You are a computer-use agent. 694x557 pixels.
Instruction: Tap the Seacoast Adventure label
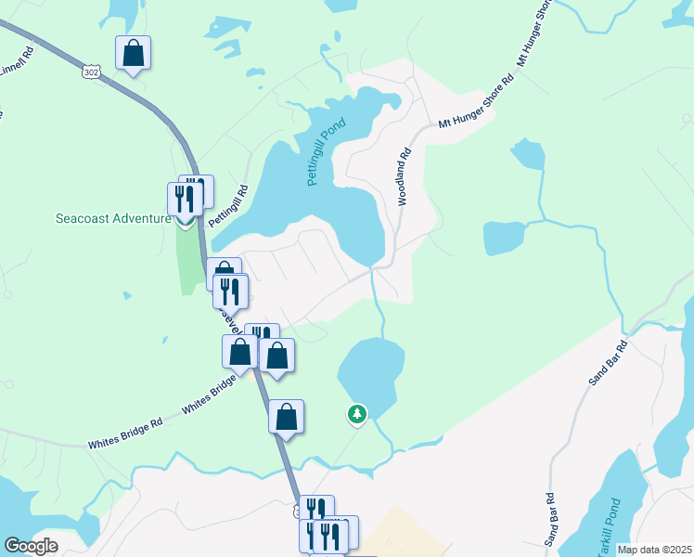(x=113, y=219)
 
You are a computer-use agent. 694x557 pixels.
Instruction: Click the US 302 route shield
(x=90, y=71)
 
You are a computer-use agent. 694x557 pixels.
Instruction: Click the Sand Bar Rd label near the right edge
(x=609, y=363)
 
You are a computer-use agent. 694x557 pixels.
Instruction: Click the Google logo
(x=31, y=546)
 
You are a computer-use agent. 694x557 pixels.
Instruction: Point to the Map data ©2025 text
(x=654, y=550)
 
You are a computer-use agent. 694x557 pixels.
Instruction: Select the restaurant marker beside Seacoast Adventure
(x=183, y=199)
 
